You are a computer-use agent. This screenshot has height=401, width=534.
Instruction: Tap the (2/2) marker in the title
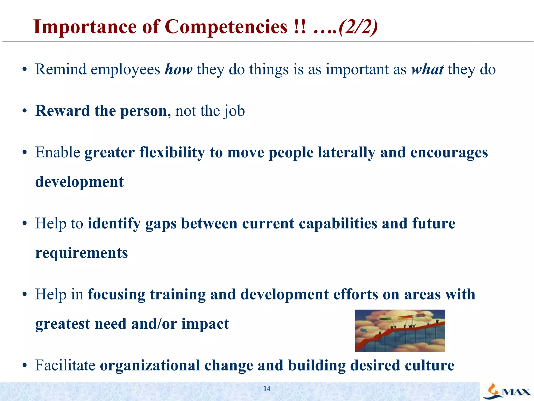[358, 27]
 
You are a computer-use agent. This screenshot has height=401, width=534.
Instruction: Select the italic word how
[179, 69]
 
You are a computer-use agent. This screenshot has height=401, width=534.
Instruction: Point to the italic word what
[427, 69]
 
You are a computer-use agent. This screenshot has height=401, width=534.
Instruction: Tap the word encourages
[449, 153]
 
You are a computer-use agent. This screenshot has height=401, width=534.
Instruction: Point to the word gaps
[161, 224]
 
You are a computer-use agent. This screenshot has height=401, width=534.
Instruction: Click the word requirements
[82, 253]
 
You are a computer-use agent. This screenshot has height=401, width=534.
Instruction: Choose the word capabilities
[338, 223]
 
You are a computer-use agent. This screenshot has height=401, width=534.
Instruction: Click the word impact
[205, 324]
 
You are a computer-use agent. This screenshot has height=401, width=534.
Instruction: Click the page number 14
[267, 388]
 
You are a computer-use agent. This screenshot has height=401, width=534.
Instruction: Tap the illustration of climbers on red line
[400, 331]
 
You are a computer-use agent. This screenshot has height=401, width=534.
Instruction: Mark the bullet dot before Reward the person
[25, 111]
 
